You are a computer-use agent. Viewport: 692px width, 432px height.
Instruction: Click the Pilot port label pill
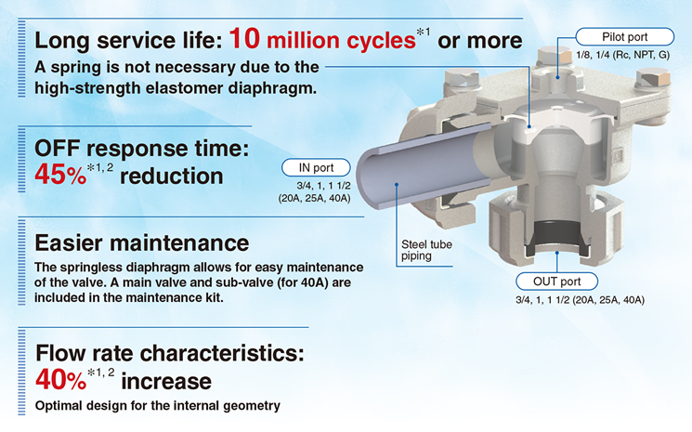(624, 36)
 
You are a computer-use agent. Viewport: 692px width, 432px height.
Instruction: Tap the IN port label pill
(316, 167)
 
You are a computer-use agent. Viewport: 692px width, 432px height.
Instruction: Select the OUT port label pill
(556, 281)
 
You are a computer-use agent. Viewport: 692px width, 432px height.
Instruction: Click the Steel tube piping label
(426, 250)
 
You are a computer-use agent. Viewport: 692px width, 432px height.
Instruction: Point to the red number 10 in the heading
(244, 38)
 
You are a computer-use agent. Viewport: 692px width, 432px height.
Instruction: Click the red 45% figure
(60, 175)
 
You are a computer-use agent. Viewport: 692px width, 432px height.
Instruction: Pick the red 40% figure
(61, 380)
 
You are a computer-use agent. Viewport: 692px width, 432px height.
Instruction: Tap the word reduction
(171, 177)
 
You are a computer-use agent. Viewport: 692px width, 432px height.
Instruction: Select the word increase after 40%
(166, 381)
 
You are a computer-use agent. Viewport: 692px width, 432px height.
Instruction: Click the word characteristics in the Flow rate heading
(222, 353)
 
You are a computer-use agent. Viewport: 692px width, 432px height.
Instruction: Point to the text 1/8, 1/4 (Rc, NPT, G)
(622, 55)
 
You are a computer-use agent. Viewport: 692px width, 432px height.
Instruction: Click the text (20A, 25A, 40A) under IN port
(314, 198)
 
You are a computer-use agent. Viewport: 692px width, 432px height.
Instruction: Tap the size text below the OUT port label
(580, 300)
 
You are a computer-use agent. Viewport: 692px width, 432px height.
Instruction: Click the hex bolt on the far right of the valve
(654, 78)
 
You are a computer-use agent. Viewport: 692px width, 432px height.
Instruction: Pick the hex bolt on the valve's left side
(462, 79)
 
